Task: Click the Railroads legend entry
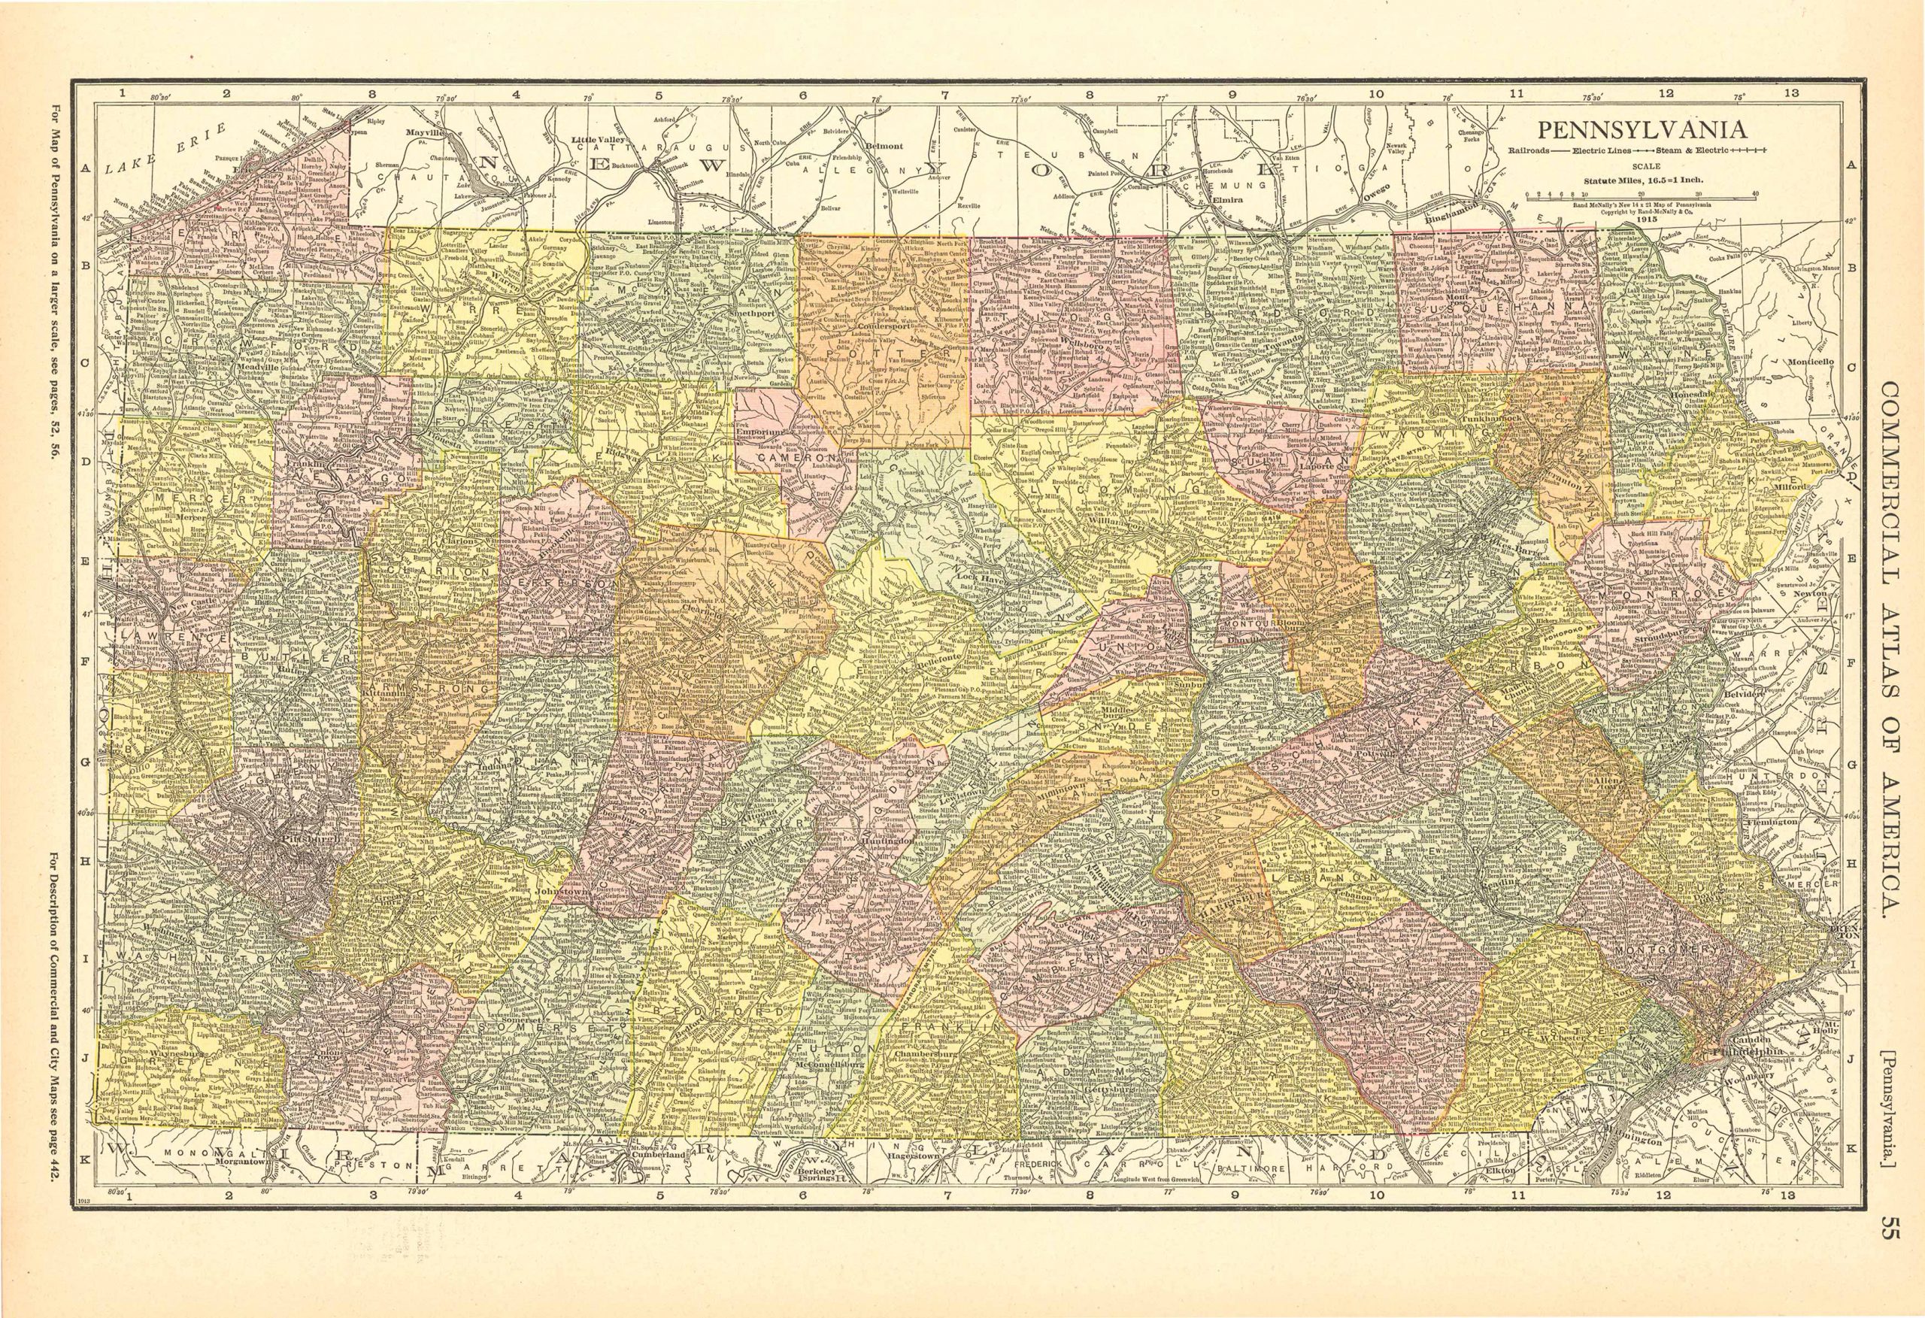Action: [1549, 150]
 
